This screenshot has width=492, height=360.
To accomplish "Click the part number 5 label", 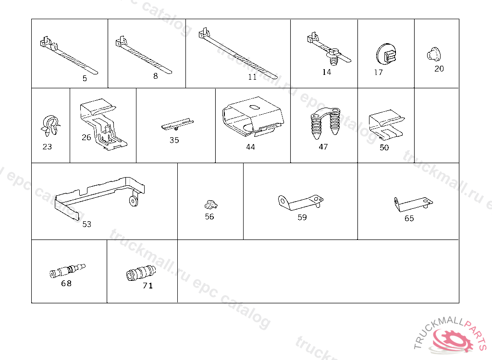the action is [x=85, y=78].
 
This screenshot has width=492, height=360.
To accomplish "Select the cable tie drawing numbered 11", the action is [x=238, y=53].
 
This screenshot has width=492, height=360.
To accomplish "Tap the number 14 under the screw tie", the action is [x=327, y=72].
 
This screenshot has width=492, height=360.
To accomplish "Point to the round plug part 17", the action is [x=386, y=55].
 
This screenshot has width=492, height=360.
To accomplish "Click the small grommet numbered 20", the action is [x=434, y=54].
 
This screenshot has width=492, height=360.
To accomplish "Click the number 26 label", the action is [x=86, y=137].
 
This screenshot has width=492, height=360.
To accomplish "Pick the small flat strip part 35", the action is [x=177, y=125].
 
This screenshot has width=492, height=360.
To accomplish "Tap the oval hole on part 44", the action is [x=254, y=107].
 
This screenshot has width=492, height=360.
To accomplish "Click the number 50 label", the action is [x=384, y=147].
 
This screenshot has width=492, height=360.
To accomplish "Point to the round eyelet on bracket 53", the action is [x=134, y=201].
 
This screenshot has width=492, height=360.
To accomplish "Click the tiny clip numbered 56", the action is [x=211, y=205].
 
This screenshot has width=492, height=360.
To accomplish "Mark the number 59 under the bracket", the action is [x=302, y=217].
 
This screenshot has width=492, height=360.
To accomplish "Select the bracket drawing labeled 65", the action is [x=413, y=204].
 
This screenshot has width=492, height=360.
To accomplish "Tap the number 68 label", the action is [x=66, y=284].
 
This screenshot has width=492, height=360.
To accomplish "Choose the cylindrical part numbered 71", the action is [x=141, y=274].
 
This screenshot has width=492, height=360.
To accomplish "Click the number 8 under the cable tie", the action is [x=156, y=76].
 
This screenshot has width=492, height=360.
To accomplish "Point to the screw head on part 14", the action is [x=334, y=52].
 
